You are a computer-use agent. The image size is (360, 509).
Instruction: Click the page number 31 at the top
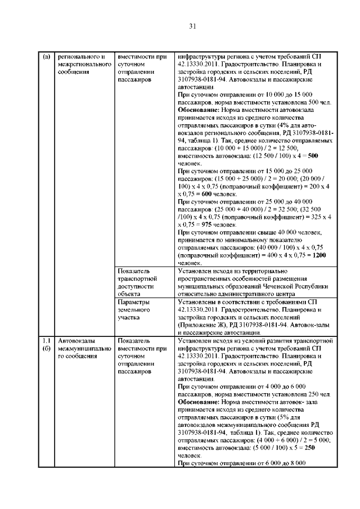coord(192,25)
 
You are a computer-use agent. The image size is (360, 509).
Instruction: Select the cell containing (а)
coord(46,57)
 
